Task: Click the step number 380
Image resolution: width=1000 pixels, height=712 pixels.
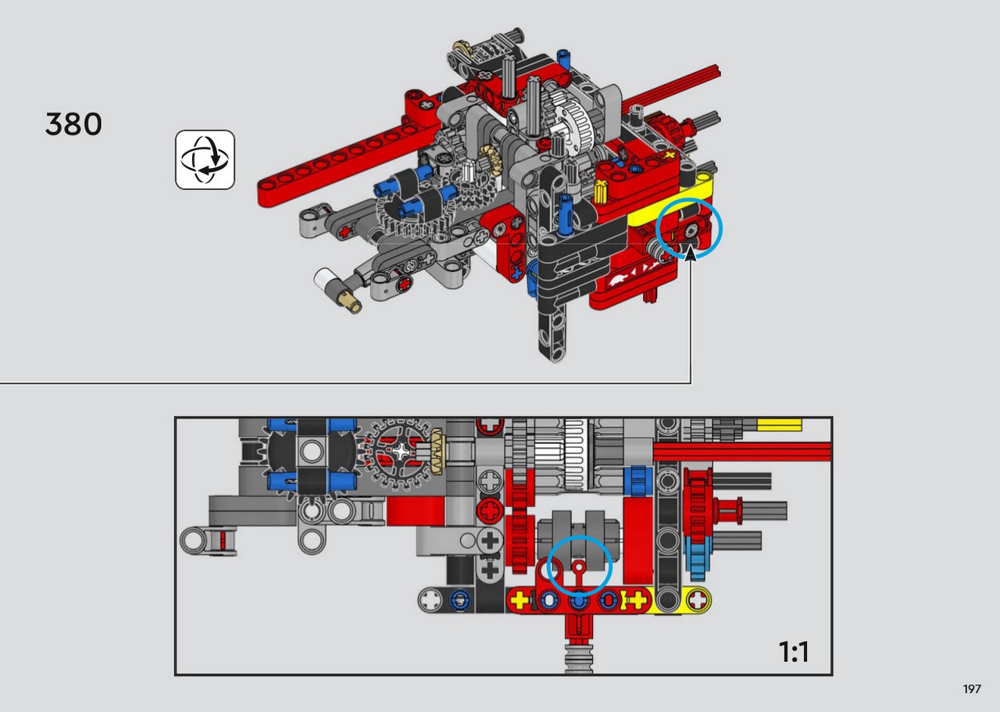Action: [x=73, y=123]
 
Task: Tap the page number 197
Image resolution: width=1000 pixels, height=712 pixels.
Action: [x=972, y=689]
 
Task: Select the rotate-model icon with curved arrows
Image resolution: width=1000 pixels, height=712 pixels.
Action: [x=205, y=159]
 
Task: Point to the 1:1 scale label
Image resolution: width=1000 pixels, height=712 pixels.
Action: [x=793, y=652]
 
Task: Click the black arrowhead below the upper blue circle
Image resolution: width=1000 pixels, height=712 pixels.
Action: [x=690, y=254]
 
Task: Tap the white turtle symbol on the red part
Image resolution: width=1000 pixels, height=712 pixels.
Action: [x=617, y=281]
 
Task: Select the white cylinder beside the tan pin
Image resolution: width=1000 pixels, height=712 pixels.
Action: [x=324, y=279]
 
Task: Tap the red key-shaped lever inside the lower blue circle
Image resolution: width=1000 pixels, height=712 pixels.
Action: [x=579, y=575]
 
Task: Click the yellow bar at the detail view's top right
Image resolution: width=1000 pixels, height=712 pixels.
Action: [x=779, y=425]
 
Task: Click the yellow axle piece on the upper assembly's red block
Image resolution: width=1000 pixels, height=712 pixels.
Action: [x=601, y=192]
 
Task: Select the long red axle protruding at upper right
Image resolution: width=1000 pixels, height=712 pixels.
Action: [x=670, y=89]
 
